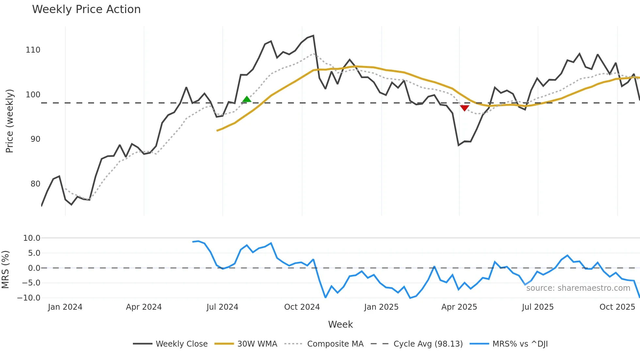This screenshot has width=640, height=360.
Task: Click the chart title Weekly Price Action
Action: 86,9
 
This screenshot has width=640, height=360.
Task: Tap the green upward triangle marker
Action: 247,99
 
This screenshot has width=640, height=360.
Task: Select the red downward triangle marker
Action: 464,108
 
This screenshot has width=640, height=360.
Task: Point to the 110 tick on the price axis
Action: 33,50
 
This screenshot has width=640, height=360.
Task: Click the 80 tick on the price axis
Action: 35,184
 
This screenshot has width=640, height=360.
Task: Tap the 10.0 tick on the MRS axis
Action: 32,238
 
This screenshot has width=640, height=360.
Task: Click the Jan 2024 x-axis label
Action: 65,307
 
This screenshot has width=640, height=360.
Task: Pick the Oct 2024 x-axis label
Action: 302,307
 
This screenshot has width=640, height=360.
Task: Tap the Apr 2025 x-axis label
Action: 459,307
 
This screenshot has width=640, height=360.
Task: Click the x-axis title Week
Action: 340,324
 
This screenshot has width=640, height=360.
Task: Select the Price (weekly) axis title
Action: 9,121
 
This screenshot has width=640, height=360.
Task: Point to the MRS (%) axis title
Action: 5,270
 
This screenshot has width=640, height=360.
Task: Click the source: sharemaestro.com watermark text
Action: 578,288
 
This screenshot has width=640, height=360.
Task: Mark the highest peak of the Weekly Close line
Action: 313,36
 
